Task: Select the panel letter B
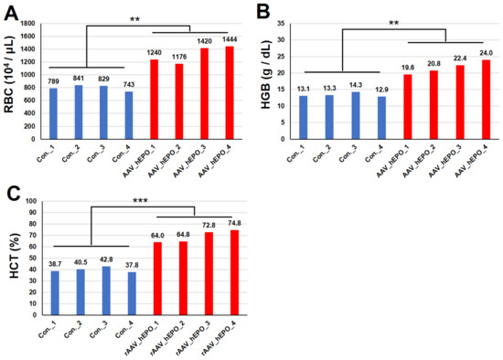coord(264,11)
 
